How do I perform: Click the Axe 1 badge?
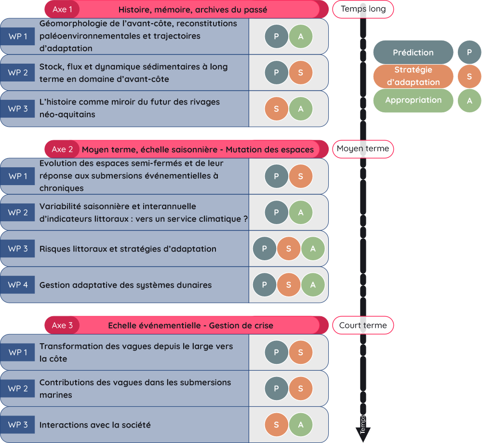pos(62,10)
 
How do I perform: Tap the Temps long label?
pos(362,9)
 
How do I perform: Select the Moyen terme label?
pos(362,149)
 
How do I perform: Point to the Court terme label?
pos(362,325)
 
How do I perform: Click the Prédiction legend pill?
pos(413,53)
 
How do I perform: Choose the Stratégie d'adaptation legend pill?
pos(413,76)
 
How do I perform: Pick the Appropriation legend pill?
pos(413,100)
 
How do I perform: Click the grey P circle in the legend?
pos(469,53)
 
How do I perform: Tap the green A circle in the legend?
pos(469,101)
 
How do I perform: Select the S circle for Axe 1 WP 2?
pos(301,73)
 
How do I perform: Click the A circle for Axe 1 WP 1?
pos(301,37)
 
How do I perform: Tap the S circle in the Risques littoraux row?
pos(289,249)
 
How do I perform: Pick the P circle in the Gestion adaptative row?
pos(265,285)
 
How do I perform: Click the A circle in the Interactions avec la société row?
pos(301,425)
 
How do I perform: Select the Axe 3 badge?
pos(62,325)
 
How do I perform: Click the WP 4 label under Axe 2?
pos(18,285)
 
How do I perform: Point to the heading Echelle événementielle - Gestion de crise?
pos(190,326)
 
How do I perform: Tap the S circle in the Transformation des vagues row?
pos(301,352)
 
